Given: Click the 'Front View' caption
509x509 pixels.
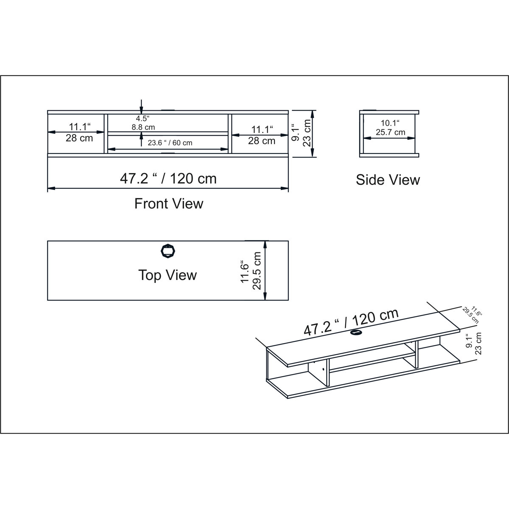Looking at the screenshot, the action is tap(169, 204).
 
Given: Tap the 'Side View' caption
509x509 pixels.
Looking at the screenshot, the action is tap(388, 180).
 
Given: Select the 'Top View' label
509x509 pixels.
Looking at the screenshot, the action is tap(168, 275).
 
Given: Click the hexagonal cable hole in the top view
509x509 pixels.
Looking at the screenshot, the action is tap(168, 251).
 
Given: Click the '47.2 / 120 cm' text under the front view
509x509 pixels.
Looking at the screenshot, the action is tap(168, 179).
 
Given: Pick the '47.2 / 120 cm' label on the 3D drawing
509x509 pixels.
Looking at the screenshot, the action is tap(351, 322).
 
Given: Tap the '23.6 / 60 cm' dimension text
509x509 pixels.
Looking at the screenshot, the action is tap(170, 143).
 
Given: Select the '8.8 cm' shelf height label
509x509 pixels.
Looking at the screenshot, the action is tap(143, 127).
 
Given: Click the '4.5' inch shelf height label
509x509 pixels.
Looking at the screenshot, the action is tap(143, 118).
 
